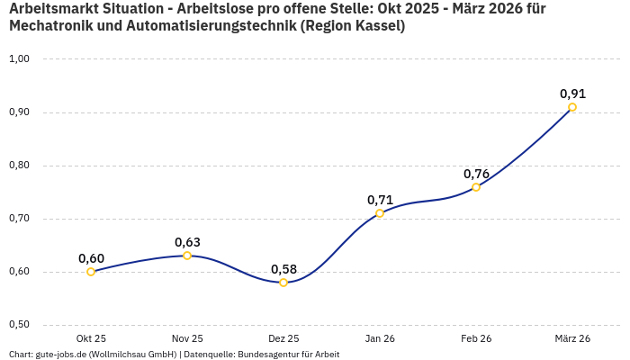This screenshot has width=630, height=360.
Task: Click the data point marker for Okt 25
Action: (91, 272)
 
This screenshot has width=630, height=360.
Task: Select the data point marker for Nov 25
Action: (187, 256)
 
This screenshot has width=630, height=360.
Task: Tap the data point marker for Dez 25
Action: (283, 283)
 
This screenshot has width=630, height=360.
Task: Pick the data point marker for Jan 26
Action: (380, 213)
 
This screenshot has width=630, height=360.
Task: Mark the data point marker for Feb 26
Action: (476, 187)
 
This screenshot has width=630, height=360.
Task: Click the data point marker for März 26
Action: (572, 107)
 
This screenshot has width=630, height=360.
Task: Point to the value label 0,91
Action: (572, 94)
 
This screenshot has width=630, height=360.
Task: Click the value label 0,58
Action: (283, 269)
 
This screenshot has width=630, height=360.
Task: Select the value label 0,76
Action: (476, 174)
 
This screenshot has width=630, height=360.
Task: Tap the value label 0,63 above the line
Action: (187, 242)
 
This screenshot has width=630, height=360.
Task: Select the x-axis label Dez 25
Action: (283, 338)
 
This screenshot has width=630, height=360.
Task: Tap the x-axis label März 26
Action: (572, 338)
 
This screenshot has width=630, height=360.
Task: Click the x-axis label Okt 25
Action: (91, 338)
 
